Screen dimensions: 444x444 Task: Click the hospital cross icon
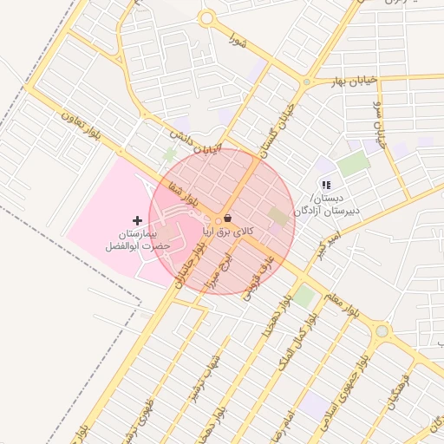coord(137,221)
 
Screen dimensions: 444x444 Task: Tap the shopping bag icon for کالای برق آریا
coord(227,219)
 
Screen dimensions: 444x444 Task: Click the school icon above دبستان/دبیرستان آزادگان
coord(326,185)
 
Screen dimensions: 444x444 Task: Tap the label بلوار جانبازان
coord(193,262)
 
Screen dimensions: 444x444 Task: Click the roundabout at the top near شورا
coord(206,18)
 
